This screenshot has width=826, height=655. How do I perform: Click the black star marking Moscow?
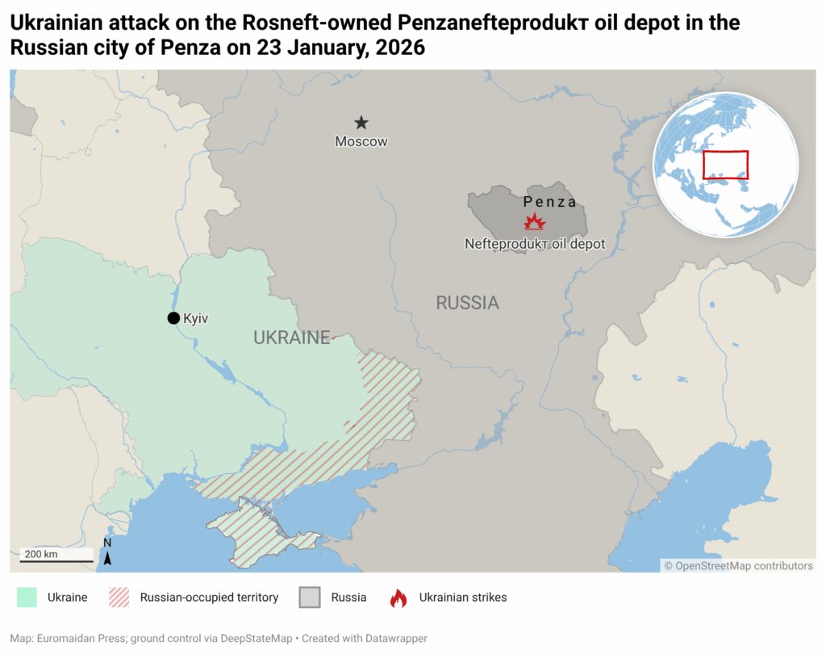click(x=361, y=123)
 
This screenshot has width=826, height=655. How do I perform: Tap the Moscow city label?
click(x=361, y=142)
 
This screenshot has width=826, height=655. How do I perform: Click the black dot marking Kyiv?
click(x=173, y=318)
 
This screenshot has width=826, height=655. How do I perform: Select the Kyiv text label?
click(x=196, y=319)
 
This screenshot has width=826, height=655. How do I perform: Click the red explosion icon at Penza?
click(x=535, y=222)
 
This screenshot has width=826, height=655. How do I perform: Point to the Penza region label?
click(x=550, y=202)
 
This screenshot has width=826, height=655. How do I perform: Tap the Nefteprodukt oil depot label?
click(x=535, y=243)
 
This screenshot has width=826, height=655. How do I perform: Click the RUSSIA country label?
click(x=468, y=303)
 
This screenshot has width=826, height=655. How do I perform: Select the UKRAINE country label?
click(x=292, y=338)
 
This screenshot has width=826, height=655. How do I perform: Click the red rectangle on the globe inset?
click(x=726, y=165)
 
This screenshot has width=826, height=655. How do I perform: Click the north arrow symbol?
click(x=107, y=554)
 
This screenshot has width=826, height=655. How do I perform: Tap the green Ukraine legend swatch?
click(x=27, y=598)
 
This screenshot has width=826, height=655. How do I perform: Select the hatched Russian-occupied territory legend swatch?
click(x=119, y=598)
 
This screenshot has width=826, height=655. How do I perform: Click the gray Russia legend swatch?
click(x=310, y=598)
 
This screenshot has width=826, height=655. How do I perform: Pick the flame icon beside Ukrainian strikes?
click(x=398, y=598)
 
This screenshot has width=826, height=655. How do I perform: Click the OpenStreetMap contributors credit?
click(x=739, y=566)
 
